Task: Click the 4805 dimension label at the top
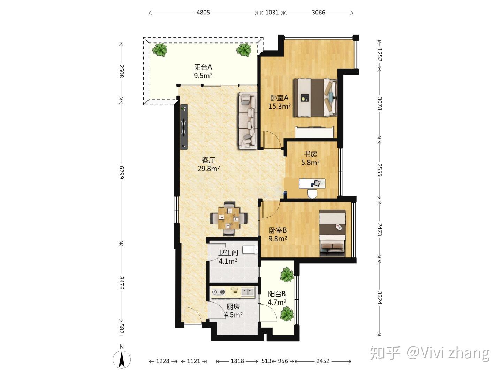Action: pos(203,12)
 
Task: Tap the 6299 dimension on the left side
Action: pos(121,172)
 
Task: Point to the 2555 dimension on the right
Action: pos(379,170)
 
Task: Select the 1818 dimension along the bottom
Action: pos(237,361)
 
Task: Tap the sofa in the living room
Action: pos(248,120)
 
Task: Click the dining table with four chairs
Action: pos(229,218)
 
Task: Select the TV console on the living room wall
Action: pos(184,127)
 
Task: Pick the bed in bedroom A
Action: pos(315,98)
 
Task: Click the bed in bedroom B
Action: pos(332,233)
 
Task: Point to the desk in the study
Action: pos(312,183)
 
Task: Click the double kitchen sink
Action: pos(248,292)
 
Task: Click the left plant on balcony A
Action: pos(159,50)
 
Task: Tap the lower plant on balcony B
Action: pos(286,313)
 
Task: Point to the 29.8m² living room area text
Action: pos(208,169)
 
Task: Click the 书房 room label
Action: pos(310,154)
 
